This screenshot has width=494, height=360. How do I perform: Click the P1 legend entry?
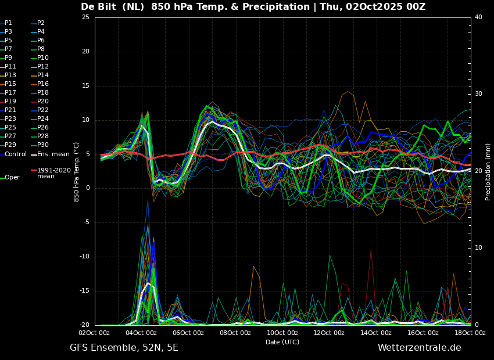click(x=6, y=23)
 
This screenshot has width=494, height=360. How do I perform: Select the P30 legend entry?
click(x=40, y=145)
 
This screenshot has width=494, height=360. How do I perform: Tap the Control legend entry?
click(x=13, y=154)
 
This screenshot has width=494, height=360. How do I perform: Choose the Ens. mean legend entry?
click(x=50, y=154)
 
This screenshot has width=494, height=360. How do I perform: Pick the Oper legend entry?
click(x=10, y=178)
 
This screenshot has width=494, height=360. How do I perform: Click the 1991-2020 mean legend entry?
click(x=51, y=173)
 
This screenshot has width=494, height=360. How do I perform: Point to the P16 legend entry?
click(x=40, y=84)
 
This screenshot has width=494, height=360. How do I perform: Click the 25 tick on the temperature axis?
click(x=85, y=17)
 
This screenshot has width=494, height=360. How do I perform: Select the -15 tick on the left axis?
click(x=84, y=291)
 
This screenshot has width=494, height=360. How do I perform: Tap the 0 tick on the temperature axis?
click(x=88, y=188)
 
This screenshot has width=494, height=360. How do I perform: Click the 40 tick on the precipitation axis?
click(x=478, y=17)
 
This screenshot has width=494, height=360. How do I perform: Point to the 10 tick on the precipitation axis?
click(x=478, y=248)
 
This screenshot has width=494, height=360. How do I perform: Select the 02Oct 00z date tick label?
click(x=95, y=333)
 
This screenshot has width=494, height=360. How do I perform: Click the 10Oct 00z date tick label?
click(x=282, y=333)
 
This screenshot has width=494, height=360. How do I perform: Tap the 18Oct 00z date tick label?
click(x=470, y=333)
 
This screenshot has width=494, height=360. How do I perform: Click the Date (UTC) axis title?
click(x=282, y=342)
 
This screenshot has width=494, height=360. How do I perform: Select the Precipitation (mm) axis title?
click(x=488, y=171)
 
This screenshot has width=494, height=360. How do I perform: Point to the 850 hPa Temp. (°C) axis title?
click(x=76, y=172)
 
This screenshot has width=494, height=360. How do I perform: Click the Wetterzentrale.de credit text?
click(x=420, y=348)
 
